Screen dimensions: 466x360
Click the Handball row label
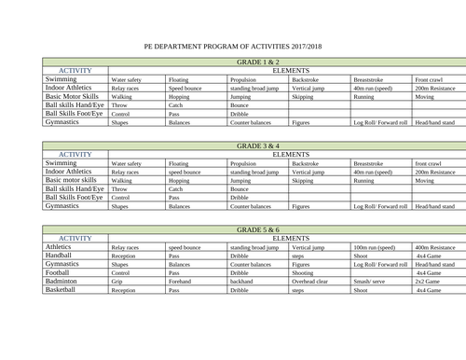click(x=63, y=256)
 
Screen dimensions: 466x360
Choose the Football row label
click(x=63, y=272)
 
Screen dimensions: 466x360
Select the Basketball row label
click(x=66, y=290)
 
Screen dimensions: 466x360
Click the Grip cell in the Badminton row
click(x=118, y=282)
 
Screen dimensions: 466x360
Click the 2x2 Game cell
click(x=429, y=282)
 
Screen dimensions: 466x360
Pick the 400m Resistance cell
click(x=434, y=247)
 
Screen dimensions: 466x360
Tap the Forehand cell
click(x=181, y=282)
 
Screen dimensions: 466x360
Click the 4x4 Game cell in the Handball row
click(x=429, y=256)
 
